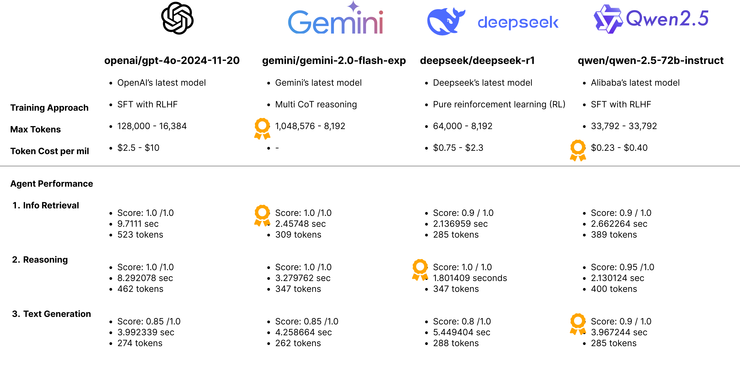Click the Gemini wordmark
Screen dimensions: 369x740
(336, 22)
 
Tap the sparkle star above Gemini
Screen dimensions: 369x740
(353, 6)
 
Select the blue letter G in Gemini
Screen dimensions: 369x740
(299, 22)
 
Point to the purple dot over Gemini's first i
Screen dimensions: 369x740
(359, 12)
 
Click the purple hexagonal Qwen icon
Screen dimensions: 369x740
(608, 19)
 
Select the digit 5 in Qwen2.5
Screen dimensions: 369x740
(703, 18)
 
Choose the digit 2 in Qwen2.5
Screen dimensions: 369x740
(684, 18)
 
